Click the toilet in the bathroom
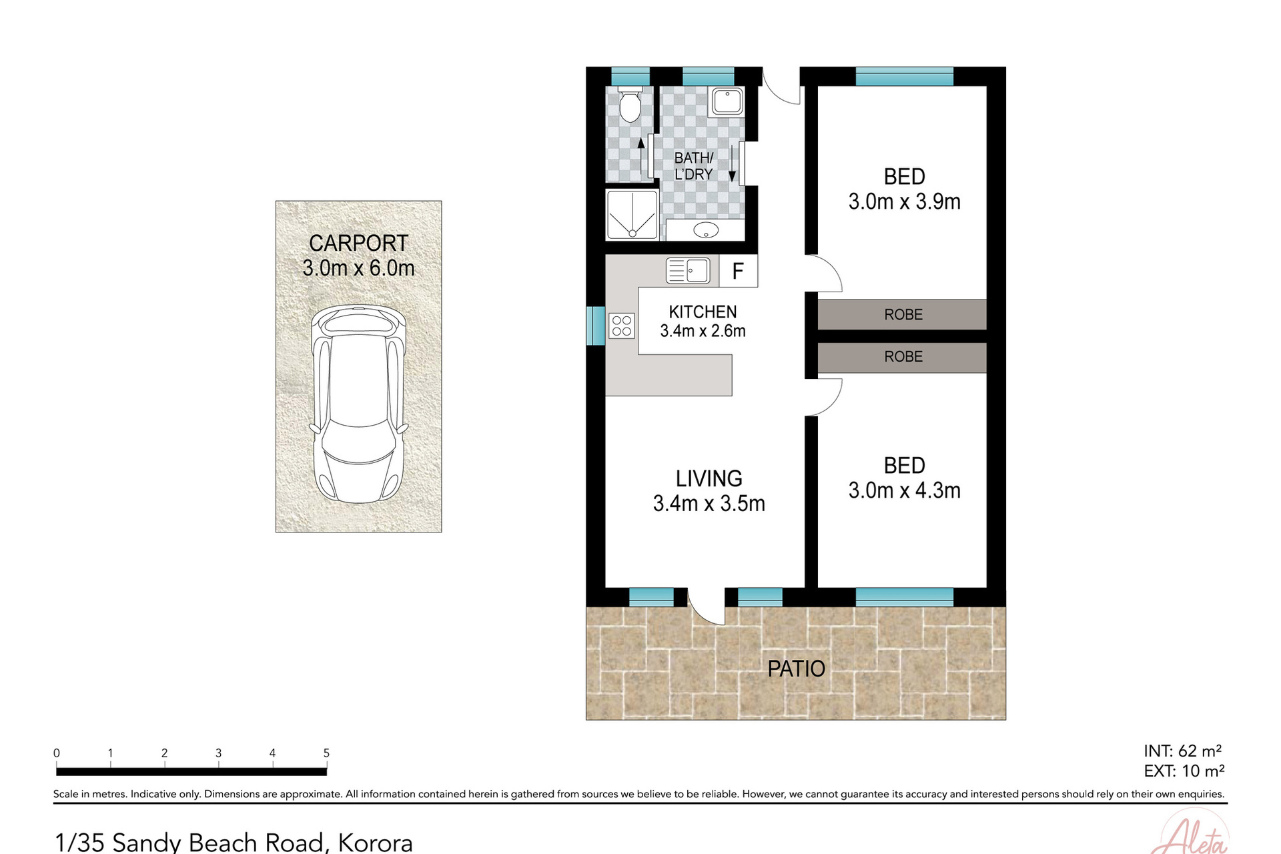click(x=629, y=105)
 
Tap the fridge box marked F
click(x=738, y=271)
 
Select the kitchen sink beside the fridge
click(x=688, y=271)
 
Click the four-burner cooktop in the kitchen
click(x=622, y=326)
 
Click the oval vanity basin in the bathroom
click(x=705, y=231)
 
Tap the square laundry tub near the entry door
click(x=727, y=101)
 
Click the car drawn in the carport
click(x=359, y=404)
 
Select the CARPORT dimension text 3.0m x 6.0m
click(x=358, y=268)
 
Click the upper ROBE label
click(x=903, y=314)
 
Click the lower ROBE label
click(x=903, y=357)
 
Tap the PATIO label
click(x=796, y=669)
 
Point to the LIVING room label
click(x=709, y=478)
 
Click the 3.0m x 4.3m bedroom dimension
click(x=904, y=491)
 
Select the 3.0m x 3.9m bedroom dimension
click(x=904, y=201)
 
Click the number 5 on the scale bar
click(x=326, y=753)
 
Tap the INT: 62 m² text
click(x=1182, y=751)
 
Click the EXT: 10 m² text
click(x=1184, y=771)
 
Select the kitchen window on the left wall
click(x=595, y=326)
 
